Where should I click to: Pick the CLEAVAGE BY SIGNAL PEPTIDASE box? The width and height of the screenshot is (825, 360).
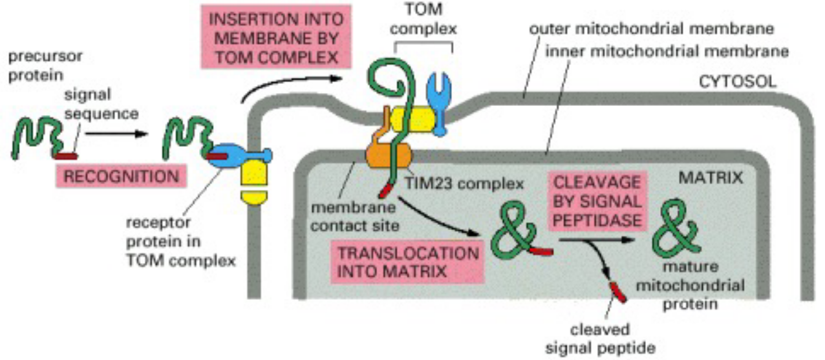click(x=598, y=200)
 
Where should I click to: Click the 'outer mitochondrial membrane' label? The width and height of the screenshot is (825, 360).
click(x=652, y=30)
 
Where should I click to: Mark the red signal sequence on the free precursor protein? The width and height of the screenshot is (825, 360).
click(x=65, y=155)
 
